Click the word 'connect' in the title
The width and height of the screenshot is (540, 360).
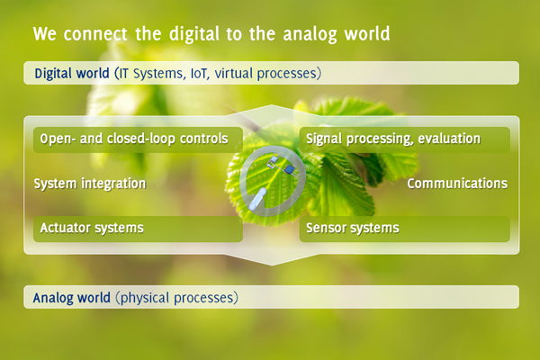pyautogui.click(x=95, y=34)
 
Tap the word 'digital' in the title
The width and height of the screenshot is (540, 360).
pyautogui.click(x=193, y=35)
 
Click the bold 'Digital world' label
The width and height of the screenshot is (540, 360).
pyautogui.click(x=72, y=74)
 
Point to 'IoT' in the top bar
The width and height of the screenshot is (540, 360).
pyautogui.click(x=200, y=74)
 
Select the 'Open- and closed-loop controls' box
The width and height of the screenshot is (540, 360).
pyautogui.click(x=138, y=139)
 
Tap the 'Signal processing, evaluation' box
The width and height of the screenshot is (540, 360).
pyautogui.click(x=405, y=139)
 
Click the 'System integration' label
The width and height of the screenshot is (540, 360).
pyautogui.click(x=90, y=184)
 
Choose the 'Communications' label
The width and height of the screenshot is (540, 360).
pyautogui.click(x=457, y=184)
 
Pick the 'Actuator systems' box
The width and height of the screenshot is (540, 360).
pyautogui.click(x=138, y=229)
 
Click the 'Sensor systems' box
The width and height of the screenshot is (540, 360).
pyautogui.click(x=405, y=229)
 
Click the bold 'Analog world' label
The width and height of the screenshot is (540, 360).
pyautogui.click(x=72, y=298)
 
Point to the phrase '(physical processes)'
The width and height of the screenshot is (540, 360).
pyautogui.click(x=176, y=298)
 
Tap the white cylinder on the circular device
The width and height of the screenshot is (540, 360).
pyautogui.click(x=258, y=199)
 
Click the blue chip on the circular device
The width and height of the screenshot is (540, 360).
pyautogui.click(x=289, y=169)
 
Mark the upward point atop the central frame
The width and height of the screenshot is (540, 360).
pyautogui.click(x=272, y=105)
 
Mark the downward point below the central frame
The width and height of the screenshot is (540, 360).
pyautogui.click(x=272, y=265)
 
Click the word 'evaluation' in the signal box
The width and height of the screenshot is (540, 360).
pyautogui.click(x=449, y=139)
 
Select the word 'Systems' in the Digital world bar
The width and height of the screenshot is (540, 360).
pyautogui.click(x=158, y=74)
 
